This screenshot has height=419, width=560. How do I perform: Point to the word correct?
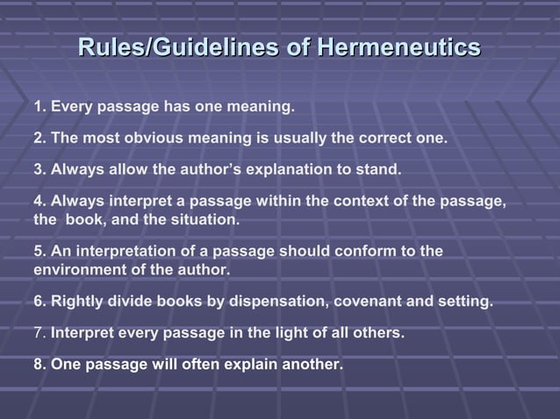pyautogui.click(x=384, y=138)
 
